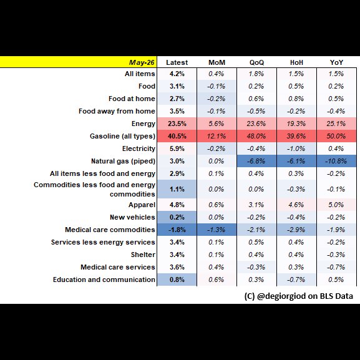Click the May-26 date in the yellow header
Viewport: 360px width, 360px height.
pyautogui.click(x=142, y=62)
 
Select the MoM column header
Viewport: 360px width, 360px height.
pyautogui.click(x=216, y=62)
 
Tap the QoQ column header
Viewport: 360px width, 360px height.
pyautogui.click(x=256, y=62)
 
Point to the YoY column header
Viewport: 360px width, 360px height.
pyautogui.click(x=336, y=62)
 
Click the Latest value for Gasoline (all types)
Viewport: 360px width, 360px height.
pyautogui.click(x=177, y=136)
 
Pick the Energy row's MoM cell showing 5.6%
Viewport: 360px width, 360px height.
pyautogui.click(x=216, y=124)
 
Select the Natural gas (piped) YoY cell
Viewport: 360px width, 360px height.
pyautogui.click(x=336, y=161)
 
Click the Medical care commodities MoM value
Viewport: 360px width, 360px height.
pyautogui.click(x=216, y=230)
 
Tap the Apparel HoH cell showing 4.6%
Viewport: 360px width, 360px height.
pyautogui.click(x=296, y=205)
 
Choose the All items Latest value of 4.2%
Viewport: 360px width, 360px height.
pyautogui.click(x=177, y=74)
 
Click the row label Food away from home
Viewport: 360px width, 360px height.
pyautogui.click(x=117, y=111)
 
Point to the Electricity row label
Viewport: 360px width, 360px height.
pyautogui.click(x=139, y=148)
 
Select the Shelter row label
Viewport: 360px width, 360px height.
pyautogui.click(x=143, y=255)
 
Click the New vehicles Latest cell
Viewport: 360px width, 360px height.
pyautogui.click(x=177, y=217)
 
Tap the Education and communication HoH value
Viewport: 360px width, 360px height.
pyautogui.click(x=296, y=280)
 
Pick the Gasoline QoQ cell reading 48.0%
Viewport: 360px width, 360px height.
pyautogui.click(x=256, y=136)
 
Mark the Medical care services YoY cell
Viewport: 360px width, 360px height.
pyautogui.click(x=336, y=267)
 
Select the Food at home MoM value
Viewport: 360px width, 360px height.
pyautogui.click(x=216, y=99)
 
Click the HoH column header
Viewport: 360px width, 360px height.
pyautogui.click(x=296, y=62)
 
